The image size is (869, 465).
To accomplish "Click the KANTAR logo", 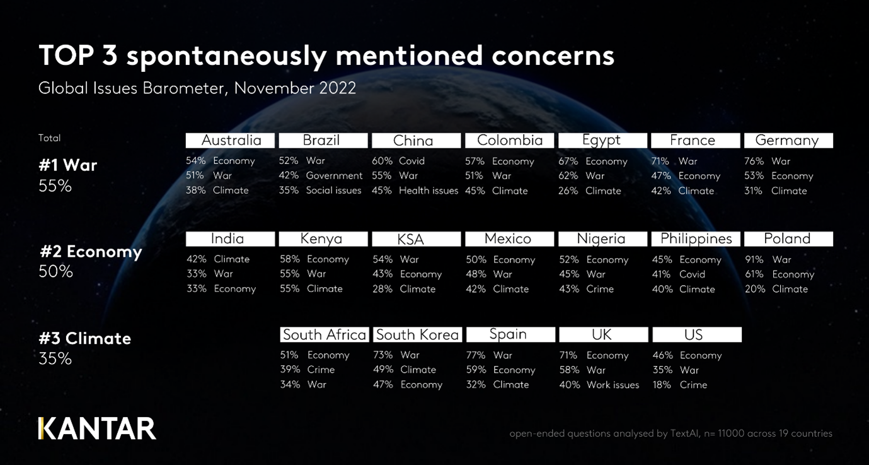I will (97, 428).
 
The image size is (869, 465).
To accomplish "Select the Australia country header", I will (231, 140).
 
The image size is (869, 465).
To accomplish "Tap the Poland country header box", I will (788, 238).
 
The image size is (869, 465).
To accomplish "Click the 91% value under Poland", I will (754, 259).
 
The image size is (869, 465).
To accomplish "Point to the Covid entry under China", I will (411, 161).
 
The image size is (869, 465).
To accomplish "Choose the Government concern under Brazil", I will (334, 175).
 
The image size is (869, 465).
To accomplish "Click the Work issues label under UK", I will (613, 385).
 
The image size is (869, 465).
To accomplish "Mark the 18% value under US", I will (662, 385).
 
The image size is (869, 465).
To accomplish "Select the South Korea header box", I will (417, 334).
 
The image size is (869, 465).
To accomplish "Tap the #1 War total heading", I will (68, 165).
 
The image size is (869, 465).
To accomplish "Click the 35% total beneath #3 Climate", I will (55, 358).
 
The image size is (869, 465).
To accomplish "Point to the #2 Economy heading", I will (91, 252).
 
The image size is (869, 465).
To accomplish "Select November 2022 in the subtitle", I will (295, 88).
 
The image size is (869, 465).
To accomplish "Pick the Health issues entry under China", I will (429, 191).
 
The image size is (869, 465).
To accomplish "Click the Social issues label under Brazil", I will (333, 191).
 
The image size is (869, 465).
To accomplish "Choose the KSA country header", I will (411, 239).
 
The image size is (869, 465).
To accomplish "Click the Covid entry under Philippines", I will (692, 274).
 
